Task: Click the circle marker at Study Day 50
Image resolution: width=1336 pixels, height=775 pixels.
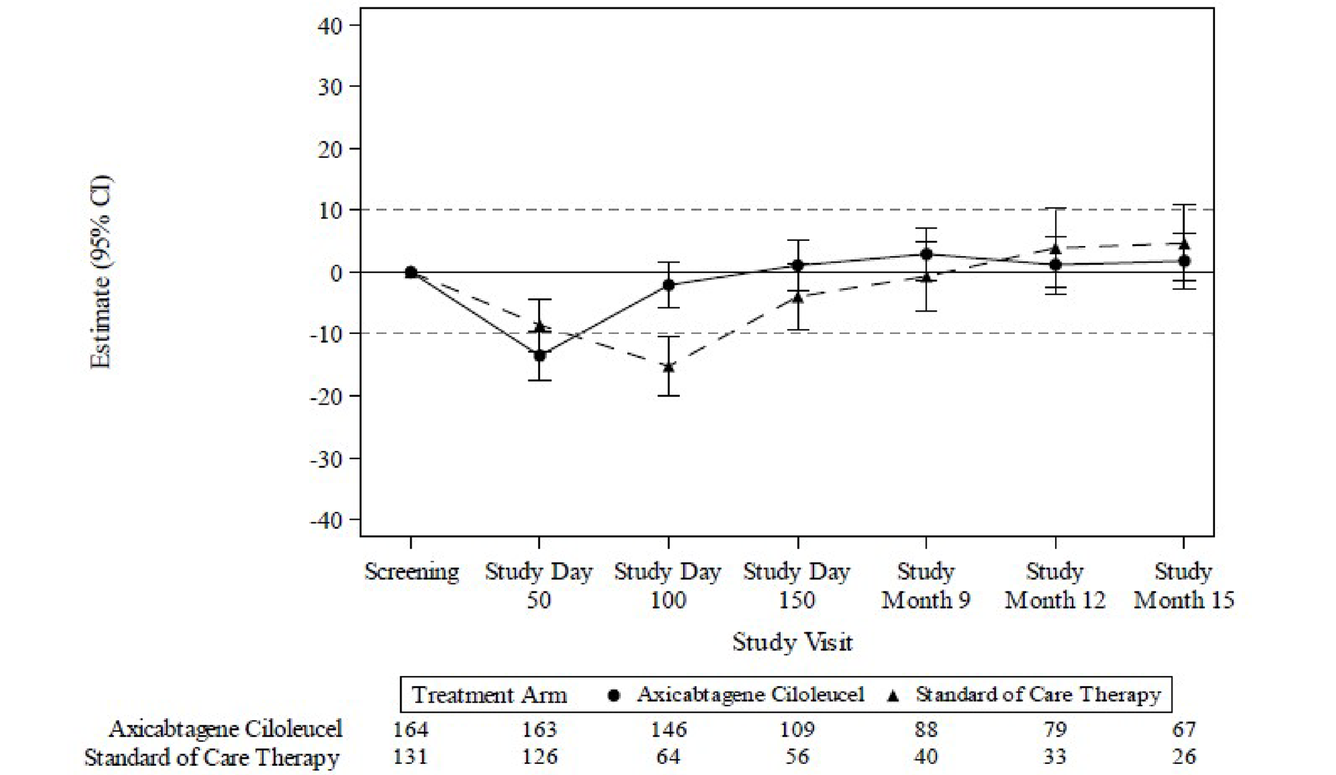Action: tap(540, 355)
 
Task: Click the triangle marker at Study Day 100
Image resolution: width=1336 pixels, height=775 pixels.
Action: tap(669, 367)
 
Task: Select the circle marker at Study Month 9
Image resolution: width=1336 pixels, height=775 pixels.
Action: tap(926, 254)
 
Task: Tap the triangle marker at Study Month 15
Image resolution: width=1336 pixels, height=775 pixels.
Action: tap(1184, 244)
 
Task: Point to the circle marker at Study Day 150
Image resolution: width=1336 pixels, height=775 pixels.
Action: tap(798, 265)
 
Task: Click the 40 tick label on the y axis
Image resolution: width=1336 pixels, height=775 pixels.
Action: tap(329, 26)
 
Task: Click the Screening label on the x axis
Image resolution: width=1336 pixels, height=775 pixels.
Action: tap(411, 571)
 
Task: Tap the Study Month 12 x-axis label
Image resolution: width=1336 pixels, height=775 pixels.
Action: tap(1054, 586)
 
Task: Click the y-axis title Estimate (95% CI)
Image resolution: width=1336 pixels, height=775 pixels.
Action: tap(101, 272)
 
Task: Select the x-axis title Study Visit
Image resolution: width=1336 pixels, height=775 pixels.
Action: tap(792, 641)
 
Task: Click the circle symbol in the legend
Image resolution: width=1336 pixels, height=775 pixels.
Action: tap(614, 695)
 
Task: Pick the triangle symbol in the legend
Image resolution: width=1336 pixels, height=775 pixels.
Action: tap(892, 695)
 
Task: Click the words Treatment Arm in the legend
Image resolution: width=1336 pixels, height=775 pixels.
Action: tap(489, 694)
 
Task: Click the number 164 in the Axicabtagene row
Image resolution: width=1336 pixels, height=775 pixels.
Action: tap(411, 729)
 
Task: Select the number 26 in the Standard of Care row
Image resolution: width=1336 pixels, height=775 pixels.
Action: tap(1184, 757)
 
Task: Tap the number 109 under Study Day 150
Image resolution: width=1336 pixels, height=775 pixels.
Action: tap(797, 729)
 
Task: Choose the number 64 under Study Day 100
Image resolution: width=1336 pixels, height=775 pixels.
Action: tap(669, 757)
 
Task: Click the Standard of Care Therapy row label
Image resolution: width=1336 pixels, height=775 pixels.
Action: tap(212, 757)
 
